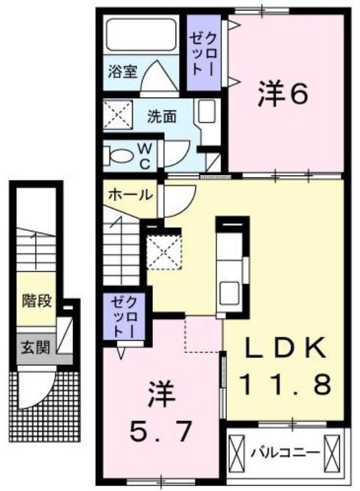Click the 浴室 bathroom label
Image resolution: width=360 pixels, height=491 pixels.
(123, 71)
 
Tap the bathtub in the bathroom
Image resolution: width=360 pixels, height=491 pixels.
(141, 34)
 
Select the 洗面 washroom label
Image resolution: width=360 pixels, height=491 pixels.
(162, 117)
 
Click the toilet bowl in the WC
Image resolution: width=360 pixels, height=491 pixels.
(120, 156)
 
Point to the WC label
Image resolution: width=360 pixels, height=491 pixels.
(144, 156)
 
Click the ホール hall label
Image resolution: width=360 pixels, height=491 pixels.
(130, 195)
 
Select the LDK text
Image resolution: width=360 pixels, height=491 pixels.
(284, 348)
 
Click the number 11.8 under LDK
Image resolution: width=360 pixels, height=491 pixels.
(285, 384)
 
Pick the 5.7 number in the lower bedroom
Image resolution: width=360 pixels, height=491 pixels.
(160, 431)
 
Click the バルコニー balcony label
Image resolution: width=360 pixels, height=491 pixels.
(285, 452)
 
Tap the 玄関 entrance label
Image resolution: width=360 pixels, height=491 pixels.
(36, 347)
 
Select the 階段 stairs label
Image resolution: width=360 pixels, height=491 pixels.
(37, 301)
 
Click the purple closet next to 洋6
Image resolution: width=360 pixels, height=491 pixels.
(205, 53)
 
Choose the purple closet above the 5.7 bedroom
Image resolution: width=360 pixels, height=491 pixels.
(125, 317)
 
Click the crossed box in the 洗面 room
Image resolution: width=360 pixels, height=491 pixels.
(118, 115)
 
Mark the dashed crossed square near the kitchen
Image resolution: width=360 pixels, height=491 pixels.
(165, 252)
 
